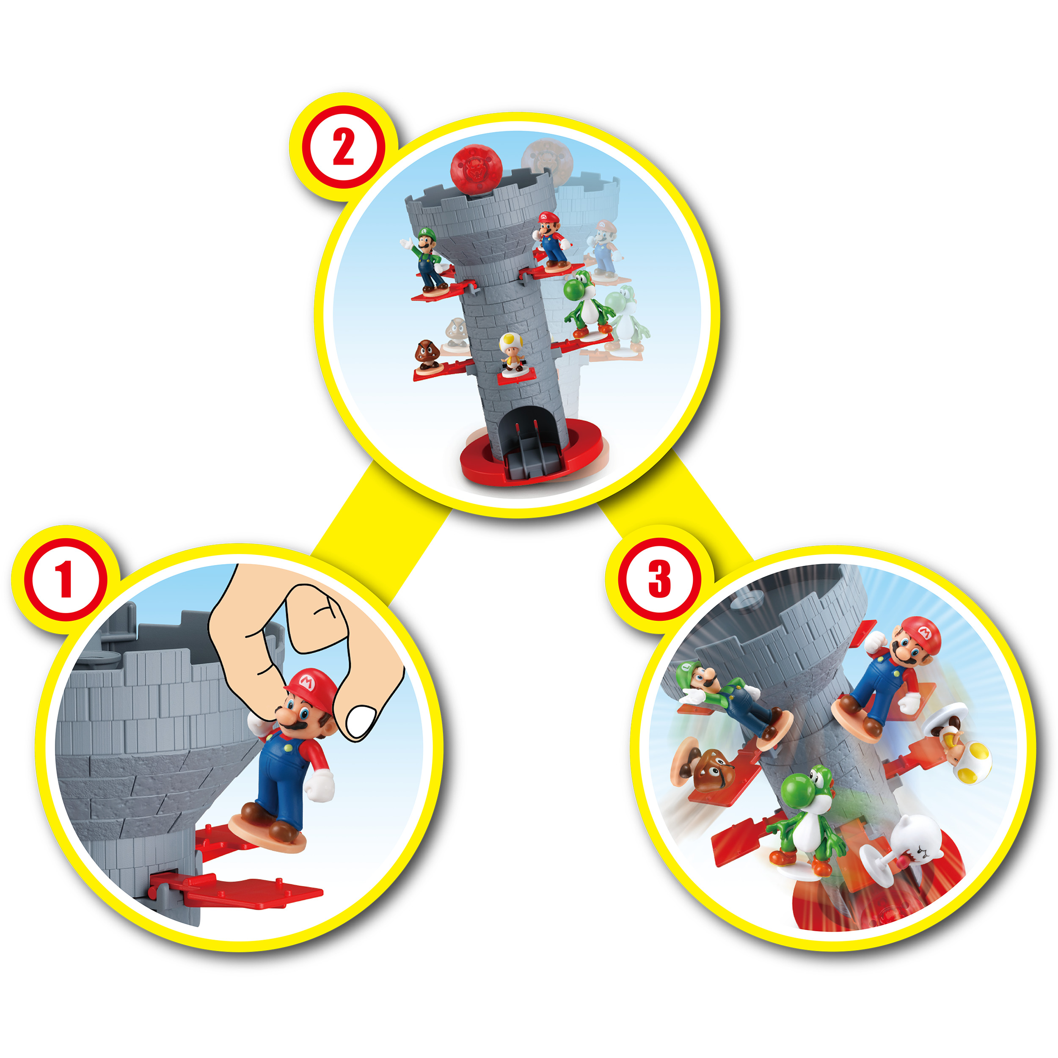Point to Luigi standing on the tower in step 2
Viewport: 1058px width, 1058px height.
click(427, 258)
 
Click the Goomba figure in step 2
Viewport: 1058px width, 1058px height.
click(428, 355)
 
